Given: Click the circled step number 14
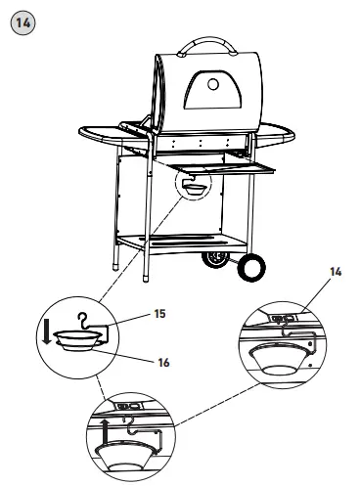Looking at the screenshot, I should (x=20, y=20).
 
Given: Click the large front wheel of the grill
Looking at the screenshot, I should (x=251, y=267).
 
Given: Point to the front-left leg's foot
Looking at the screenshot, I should (x=117, y=265).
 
